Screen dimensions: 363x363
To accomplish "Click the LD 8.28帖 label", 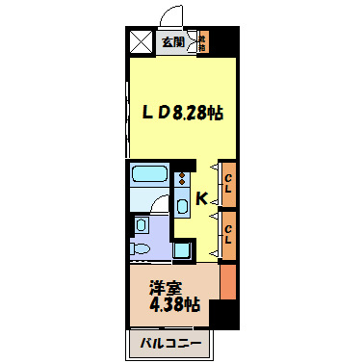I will (x=184, y=114).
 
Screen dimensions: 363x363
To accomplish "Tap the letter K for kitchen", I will (x=202, y=199).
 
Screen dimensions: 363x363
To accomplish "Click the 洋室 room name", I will (x=164, y=287).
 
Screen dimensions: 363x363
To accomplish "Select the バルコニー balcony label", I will (x=169, y=342).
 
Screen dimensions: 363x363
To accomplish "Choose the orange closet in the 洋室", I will (x=227, y=281).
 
